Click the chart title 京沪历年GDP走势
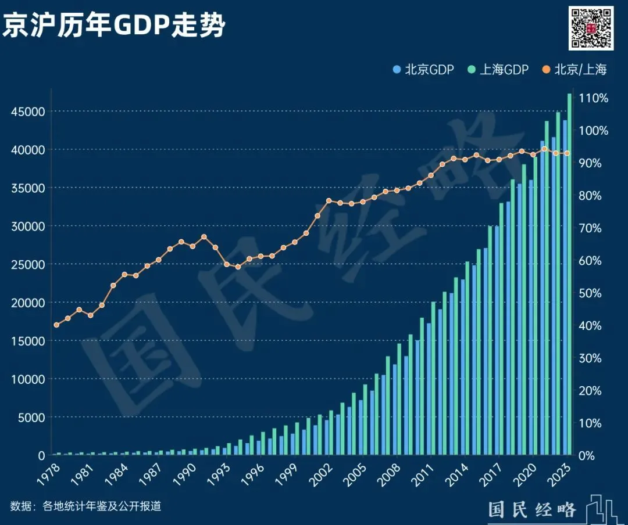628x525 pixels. (114, 25)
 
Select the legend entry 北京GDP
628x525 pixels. (423, 70)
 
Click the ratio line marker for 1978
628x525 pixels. (56, 325)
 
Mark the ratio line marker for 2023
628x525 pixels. (567, 153)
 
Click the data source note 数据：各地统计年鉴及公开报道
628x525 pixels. (85, 506)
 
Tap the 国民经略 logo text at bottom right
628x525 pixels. (531, 509)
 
